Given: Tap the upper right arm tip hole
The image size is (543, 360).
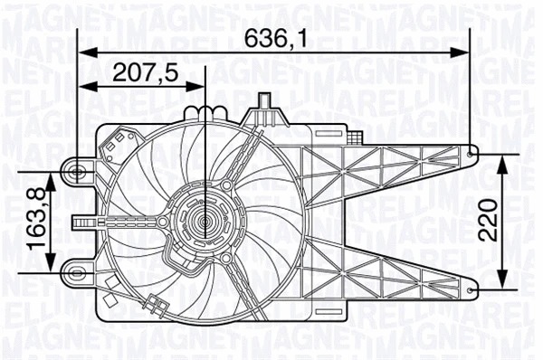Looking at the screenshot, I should click(x=476, y=153).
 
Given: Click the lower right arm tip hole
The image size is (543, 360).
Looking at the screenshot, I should click(x=476, y=289).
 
